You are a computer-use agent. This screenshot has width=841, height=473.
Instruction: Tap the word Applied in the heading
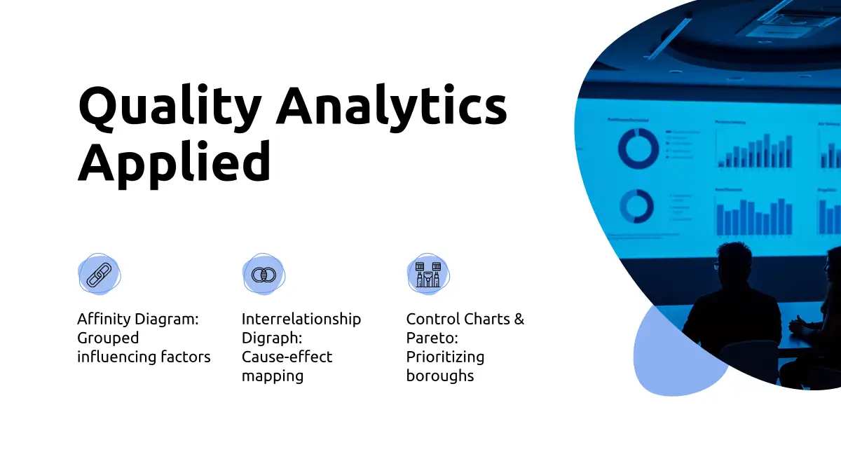pos(175,164)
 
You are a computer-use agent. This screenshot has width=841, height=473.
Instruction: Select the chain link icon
pos(99,275)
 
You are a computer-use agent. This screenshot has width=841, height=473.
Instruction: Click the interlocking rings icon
pos(264,275)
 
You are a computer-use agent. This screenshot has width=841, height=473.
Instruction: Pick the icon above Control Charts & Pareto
pos(428,275)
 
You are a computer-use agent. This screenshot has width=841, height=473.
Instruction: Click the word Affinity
pos(104,319)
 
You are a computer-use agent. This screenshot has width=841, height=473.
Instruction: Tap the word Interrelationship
pos(301,320)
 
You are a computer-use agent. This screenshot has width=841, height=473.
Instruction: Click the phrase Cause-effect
pos(287,357)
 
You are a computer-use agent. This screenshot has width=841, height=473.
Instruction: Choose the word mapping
pos(273,376)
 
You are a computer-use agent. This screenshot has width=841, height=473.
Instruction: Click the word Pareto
pos(432,338)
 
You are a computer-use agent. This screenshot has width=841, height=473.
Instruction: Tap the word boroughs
pos(440,376)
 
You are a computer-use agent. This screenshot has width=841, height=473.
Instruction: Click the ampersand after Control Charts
pos(519,319)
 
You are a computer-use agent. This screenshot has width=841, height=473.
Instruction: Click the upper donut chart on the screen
pos(638,149)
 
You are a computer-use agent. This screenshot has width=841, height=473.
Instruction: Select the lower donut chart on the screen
pos(637,206)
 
